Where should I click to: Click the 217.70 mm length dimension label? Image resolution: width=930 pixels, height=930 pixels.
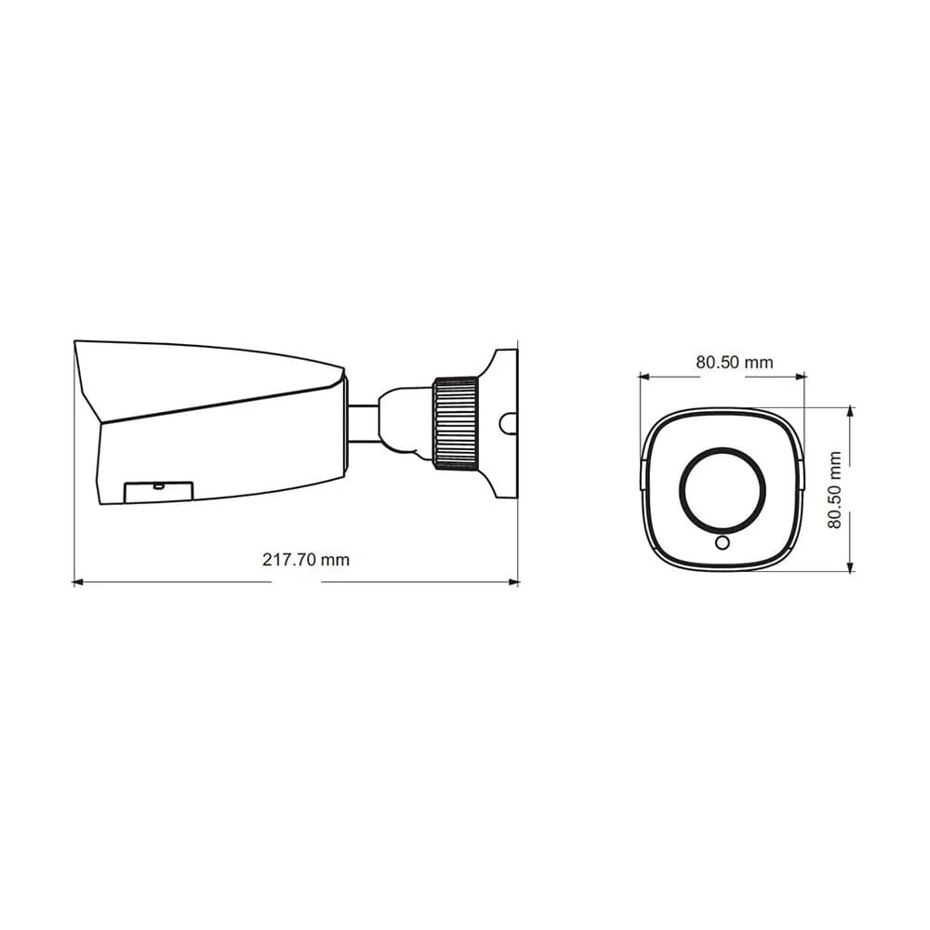[x=305, y=559]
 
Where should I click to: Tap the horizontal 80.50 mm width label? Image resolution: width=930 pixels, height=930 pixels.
[x=735, y=362]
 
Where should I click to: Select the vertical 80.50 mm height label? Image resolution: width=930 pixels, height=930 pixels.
[x=834, y=490]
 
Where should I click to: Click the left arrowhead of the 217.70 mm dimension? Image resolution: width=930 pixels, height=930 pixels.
[x=77, y=582]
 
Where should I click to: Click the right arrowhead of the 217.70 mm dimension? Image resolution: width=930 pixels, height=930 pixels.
[x=514, y=582]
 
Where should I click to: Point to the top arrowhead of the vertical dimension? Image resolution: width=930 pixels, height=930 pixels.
[x=851, y=411]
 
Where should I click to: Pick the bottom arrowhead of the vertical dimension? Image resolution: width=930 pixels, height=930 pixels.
[x=851, y=567]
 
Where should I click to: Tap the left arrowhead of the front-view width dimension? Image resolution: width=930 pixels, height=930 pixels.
[x=644, y=376]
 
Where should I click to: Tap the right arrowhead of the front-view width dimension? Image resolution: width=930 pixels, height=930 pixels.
[x=801, y=376]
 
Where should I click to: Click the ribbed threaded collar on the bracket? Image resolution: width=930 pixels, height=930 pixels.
[x=456, y=423]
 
